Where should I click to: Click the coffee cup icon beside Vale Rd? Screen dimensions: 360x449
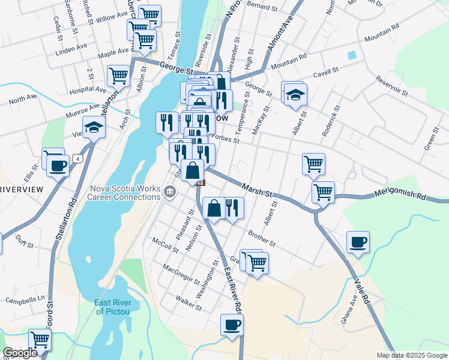tap(358, 242)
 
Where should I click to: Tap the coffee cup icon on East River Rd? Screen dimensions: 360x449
tap(232, 325)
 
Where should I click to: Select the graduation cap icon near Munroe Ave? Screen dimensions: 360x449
tap(94, 127)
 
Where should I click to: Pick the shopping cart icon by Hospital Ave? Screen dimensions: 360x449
tap(119, 76)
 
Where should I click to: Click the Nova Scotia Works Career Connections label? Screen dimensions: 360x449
tap(125, 193)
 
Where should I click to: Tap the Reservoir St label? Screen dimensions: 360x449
tap(392, 86)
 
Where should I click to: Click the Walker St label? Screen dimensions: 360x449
tap(188, 302)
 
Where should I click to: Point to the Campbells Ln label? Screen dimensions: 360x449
tap(25, 298)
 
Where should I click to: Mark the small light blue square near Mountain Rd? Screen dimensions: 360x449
tap(352, 55)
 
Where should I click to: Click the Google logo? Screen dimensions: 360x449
tap(20, 353)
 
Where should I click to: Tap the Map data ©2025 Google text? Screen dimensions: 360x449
tap(411, 355)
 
